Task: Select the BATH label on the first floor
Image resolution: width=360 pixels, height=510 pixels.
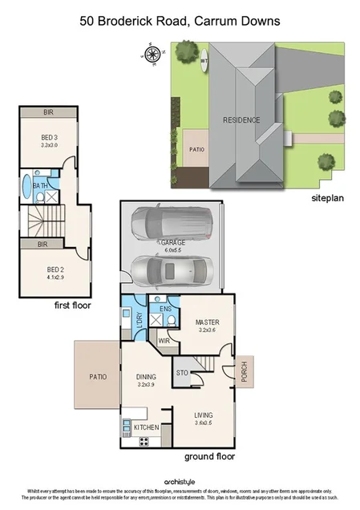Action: (x=38, y=186)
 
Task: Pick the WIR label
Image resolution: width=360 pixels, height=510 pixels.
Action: (x=164, y=340)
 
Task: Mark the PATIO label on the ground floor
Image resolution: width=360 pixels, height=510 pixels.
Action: (x=98, y=376)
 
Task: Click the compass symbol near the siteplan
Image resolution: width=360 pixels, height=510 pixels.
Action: (x=149, y=55)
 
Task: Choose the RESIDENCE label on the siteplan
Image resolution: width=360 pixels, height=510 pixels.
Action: (x=241, y=120)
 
